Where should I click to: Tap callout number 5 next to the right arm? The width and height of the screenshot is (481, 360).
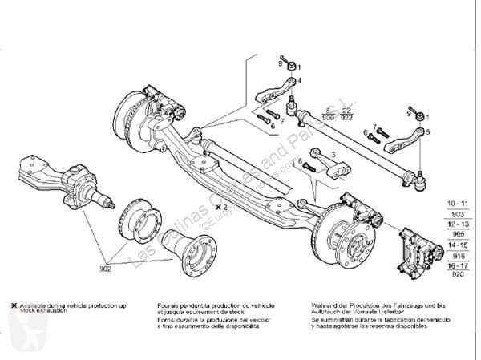[x=427, y=131]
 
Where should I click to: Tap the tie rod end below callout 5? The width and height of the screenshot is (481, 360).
[x=418, y=178]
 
